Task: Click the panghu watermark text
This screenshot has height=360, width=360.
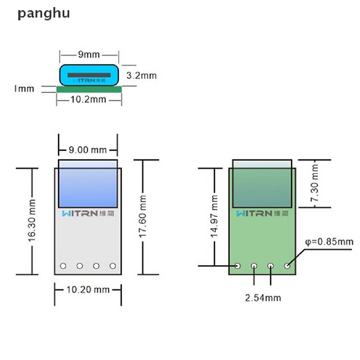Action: tap(44, 14)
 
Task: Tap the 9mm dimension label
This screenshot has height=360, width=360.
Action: tap(89, 54)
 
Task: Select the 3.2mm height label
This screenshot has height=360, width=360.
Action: tap(141, 75)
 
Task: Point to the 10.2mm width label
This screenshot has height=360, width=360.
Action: tap(88, 99)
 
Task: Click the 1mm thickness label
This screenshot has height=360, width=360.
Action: tap(24, 88)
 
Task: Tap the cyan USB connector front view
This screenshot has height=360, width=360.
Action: tap(89, 75)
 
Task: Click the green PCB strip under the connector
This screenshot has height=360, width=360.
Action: tap(89, 89)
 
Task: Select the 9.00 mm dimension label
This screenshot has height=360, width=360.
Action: tap(87, 150)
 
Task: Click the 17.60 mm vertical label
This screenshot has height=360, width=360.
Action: tap(142, 217)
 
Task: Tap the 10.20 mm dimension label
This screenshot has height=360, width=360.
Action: tap(88, 290)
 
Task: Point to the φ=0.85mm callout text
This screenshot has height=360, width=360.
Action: tap(329, 242)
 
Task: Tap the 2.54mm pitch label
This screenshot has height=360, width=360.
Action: tap(263, 298)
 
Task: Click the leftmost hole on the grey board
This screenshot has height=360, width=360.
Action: tap(63, 266)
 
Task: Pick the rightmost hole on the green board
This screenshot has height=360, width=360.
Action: tap(287, 266)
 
